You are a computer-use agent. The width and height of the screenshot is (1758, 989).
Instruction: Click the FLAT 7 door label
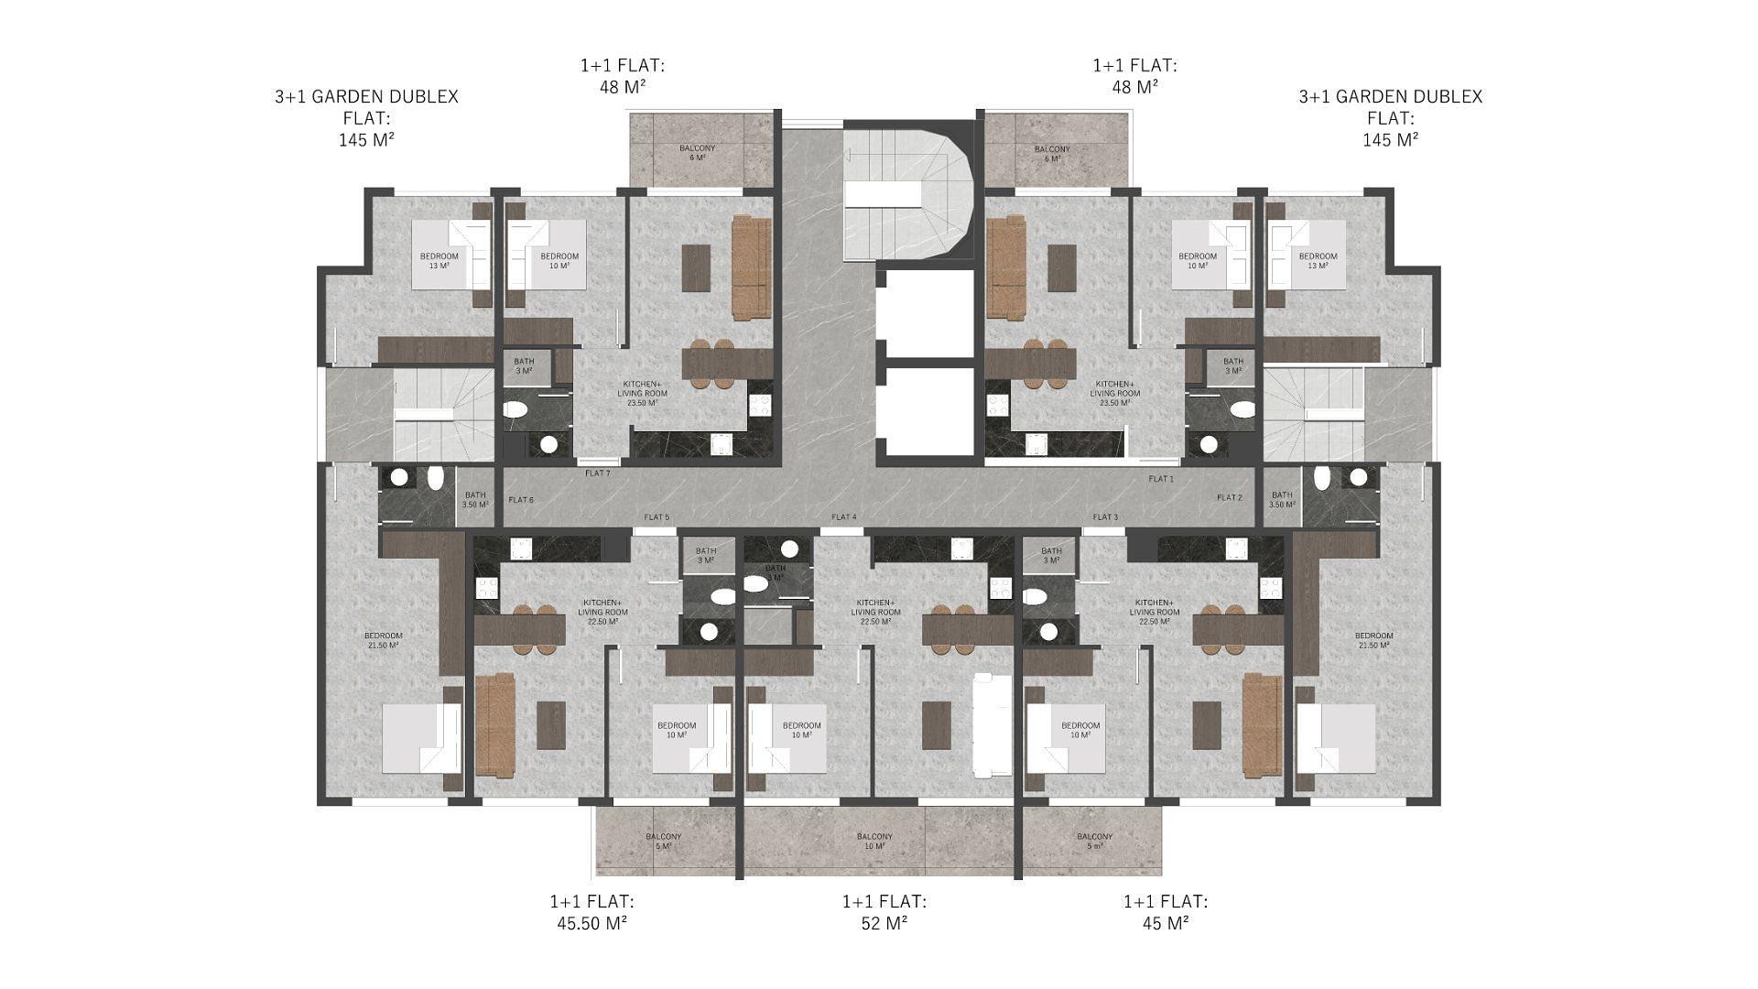(x=597, y=473)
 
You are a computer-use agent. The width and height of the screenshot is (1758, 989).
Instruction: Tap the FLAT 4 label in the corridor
(x=843, y=517)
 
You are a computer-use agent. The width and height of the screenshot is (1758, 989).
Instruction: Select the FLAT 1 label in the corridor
(x=1160, y=479)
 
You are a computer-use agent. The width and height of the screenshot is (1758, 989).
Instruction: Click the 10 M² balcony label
(x=874, y=841)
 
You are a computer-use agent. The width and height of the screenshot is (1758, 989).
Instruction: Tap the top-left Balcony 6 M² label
(x=697, y=153)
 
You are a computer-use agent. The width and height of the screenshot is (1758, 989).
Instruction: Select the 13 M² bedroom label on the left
(x=439, y=261)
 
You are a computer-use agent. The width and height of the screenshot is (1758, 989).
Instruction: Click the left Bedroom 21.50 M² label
(x=383, y=640)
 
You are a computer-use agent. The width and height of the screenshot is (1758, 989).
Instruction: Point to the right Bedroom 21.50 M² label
(x=1373, y=640)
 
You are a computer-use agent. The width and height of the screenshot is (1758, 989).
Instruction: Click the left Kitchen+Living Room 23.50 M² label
(x=642, y=393)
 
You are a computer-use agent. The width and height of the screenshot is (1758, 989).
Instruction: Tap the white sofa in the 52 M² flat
(x=992, y=725)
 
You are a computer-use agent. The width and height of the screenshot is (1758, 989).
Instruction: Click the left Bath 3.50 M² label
(x=474, y=500)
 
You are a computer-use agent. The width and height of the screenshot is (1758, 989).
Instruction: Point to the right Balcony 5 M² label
(x=1094, y=841)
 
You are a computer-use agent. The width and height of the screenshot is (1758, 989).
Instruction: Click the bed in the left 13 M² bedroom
(x=443, y=255)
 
